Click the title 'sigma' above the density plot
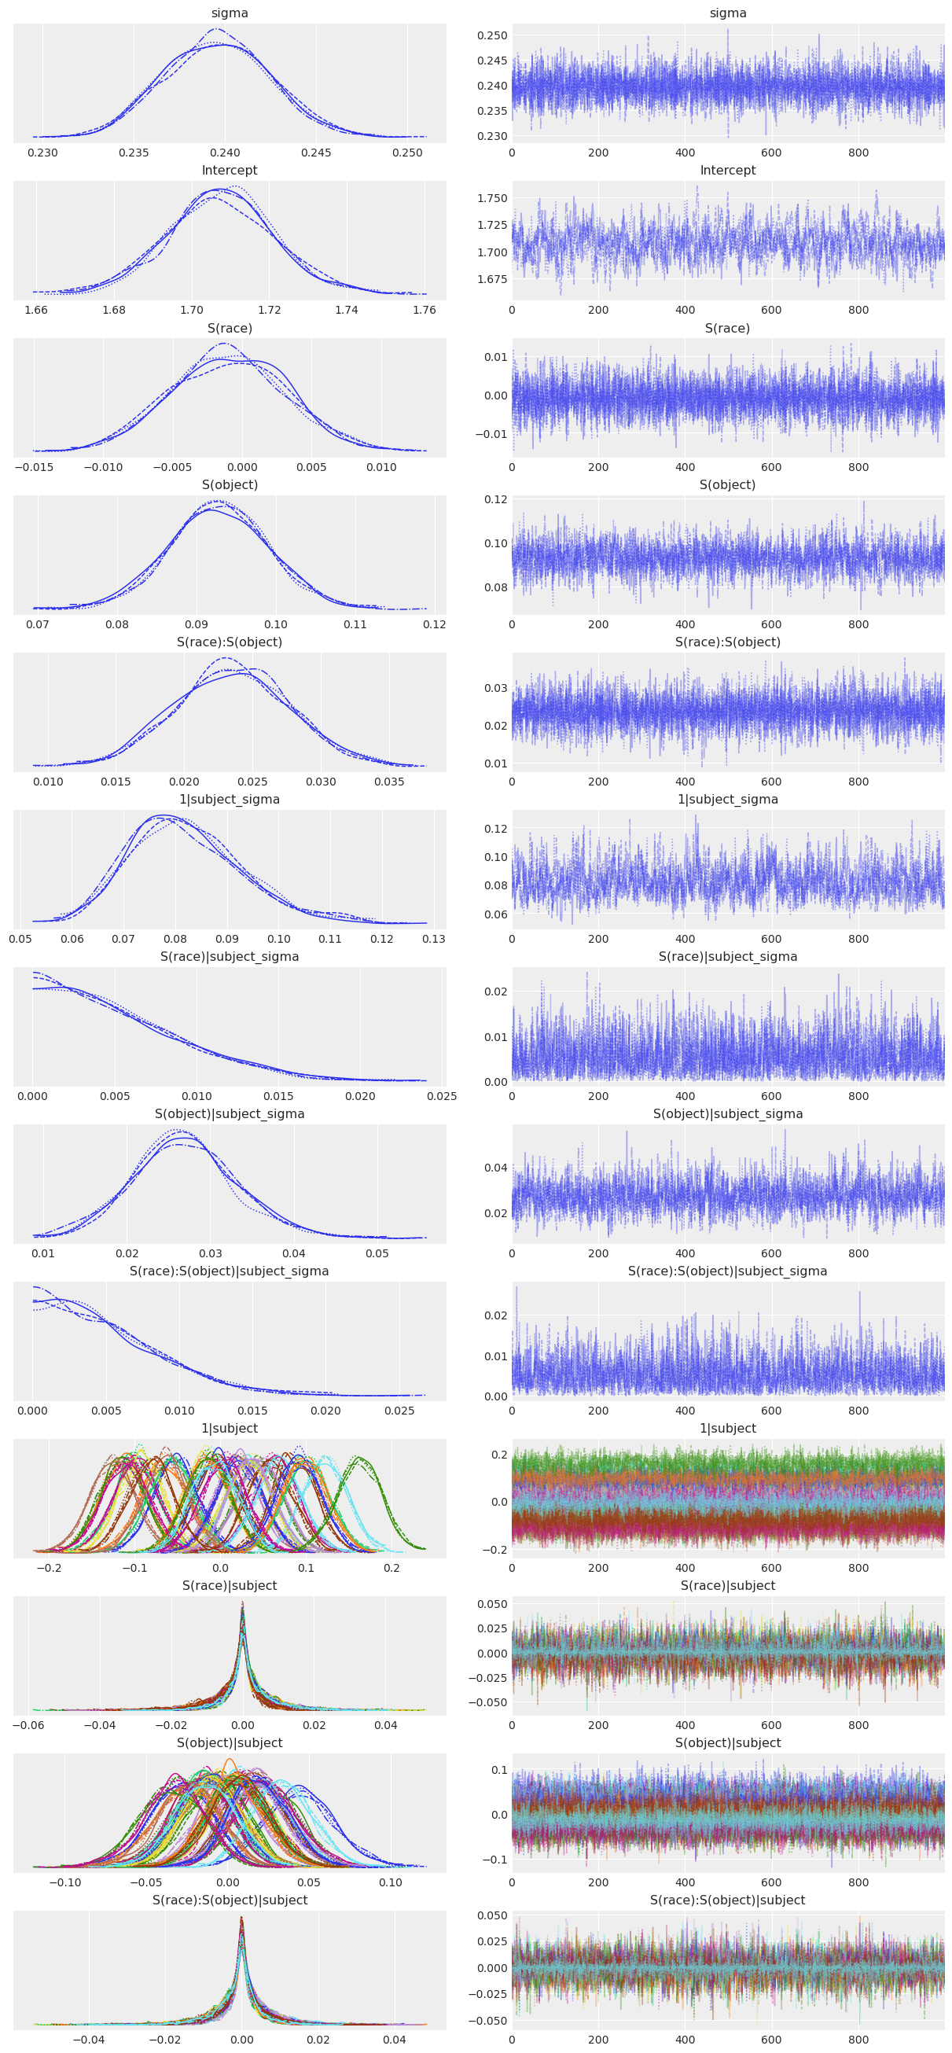[230, 13]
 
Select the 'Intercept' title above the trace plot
[727, 171]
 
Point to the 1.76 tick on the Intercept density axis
[424, 310]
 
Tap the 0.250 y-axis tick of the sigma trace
[491, 35]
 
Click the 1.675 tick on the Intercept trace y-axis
[491, 279]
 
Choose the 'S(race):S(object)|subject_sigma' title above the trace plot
[727, 1271]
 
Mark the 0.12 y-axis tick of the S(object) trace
[495, 500]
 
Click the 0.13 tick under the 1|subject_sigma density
[433, 939]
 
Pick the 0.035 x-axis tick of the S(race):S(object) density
[389, 782]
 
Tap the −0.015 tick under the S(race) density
[34, 467]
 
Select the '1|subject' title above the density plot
[230, 1428]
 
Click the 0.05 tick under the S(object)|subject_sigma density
[377, 1253]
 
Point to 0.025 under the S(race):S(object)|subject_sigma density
[399, 1411]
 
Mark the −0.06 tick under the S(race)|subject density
[28, 1725]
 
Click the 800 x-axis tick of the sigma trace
[858, 153]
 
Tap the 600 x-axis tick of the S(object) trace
[771, 625]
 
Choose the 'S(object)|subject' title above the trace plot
[727, 1743]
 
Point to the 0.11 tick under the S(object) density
[355, 625]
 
